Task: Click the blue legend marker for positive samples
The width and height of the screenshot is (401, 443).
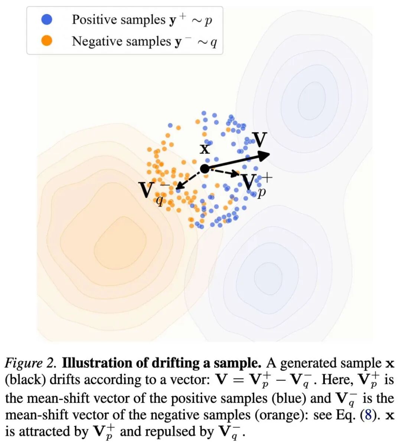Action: [x=47, y=20]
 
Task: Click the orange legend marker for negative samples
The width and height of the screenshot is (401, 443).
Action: [x=47, y=41]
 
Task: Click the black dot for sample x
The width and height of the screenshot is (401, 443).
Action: [x=205, y=169]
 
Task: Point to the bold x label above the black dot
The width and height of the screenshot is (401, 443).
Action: [x=205, y=149]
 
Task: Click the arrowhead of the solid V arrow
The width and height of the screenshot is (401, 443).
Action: [x=264, y=155]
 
